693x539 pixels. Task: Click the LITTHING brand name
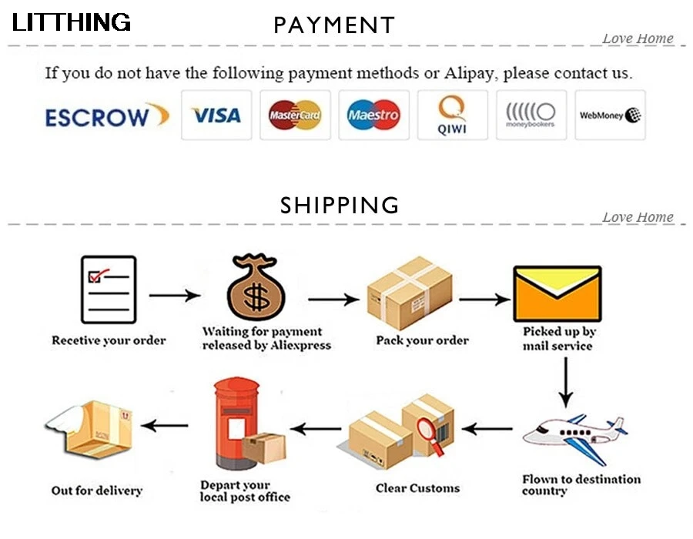tap(72, 22)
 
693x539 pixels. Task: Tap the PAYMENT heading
tap(334, 25)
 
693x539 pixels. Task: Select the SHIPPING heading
tap(340, 206)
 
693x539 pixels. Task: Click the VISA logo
tap(216, 115)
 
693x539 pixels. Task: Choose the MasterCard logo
tap(295, 115)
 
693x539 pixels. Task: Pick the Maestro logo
tap(373, 115)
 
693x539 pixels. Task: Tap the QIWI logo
tap(452, 115)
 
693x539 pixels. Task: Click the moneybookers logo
tap(531, 115)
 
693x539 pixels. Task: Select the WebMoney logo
tap(610, 115)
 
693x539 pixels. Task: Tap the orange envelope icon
tap(557, 293)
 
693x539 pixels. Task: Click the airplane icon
tap(574, 437)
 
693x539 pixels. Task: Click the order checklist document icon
tap(109, 289)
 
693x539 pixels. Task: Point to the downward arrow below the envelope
tap(566, 380)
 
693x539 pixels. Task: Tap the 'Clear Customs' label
tap(417, 488)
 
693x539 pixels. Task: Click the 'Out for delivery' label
tap(97, 490)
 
